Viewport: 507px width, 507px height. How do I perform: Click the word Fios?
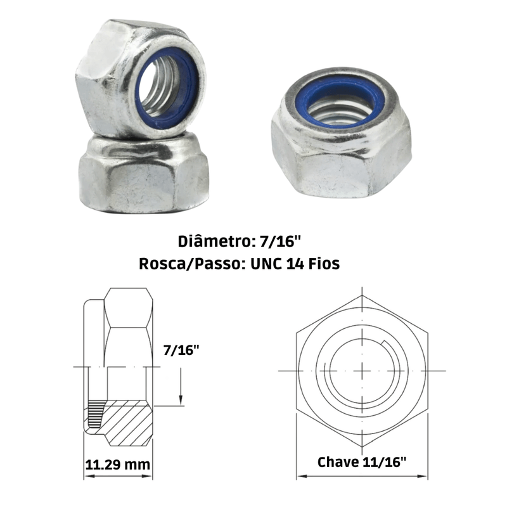point(324,264)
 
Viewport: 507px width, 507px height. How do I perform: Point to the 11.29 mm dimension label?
point(118,465)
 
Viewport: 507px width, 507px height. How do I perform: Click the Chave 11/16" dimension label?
point(361,462)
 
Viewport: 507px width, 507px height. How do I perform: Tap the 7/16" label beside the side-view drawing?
point(181,350)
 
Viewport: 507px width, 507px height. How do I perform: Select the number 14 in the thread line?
point(295,264)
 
